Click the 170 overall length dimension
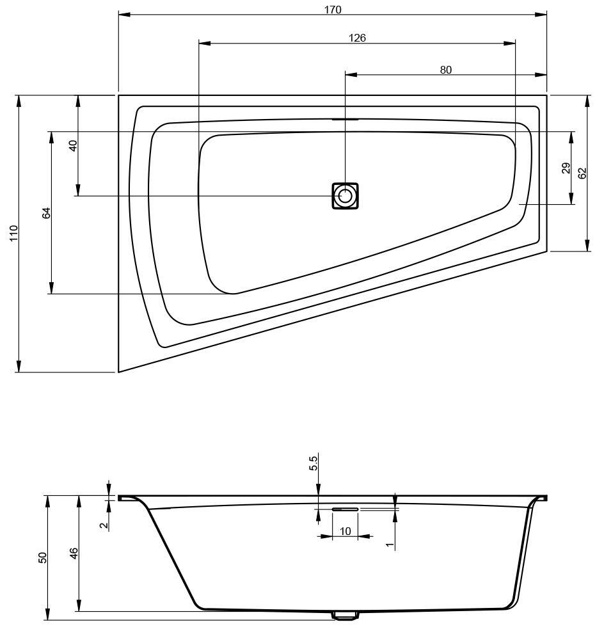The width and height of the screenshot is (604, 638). (x=333, y=10)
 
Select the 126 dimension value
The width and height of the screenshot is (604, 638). (x=357, y=38)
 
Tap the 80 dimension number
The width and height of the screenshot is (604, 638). (x=446, y=70)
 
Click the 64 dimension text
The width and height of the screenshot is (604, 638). (x=46, y=213)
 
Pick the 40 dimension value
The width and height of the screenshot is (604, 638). (x=73, y=145)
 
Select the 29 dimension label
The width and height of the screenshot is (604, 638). (x=566, y=168)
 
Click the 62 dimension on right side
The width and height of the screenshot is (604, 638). (x=582, y=173)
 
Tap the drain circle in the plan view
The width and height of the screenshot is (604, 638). (x=345, y=196)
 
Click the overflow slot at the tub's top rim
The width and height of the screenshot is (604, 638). (x=345, y=119)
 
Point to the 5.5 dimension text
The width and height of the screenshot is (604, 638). (x=314, y=463)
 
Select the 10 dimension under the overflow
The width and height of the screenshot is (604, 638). (x=345, y=531)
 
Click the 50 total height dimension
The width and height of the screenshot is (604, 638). (x=43, y=557)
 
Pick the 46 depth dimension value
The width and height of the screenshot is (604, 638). (x=74, y=554)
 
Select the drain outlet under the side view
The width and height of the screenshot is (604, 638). (x=345, y=616)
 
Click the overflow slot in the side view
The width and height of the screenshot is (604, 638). (x=345, y=509)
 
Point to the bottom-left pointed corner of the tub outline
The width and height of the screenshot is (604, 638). (x=119, y=371)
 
